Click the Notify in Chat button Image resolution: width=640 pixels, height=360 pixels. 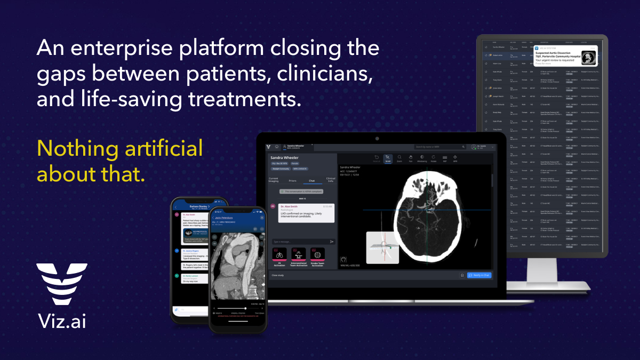pos(479,275)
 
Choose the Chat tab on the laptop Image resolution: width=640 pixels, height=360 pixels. pos(311,181)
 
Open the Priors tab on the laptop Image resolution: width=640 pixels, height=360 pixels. pos(292,181)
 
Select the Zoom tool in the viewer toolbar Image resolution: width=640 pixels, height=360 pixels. pos(399,158)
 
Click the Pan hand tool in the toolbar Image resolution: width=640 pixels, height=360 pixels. pos(410,158)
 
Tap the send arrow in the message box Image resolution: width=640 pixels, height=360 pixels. pos(332,242)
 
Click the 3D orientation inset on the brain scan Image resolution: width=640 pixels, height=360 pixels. pos(383,247)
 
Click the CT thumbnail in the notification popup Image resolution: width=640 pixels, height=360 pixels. pos(588,57)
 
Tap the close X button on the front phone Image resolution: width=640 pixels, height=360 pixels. pos(262,218)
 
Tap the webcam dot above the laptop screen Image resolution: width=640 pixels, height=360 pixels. pos(377,138)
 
